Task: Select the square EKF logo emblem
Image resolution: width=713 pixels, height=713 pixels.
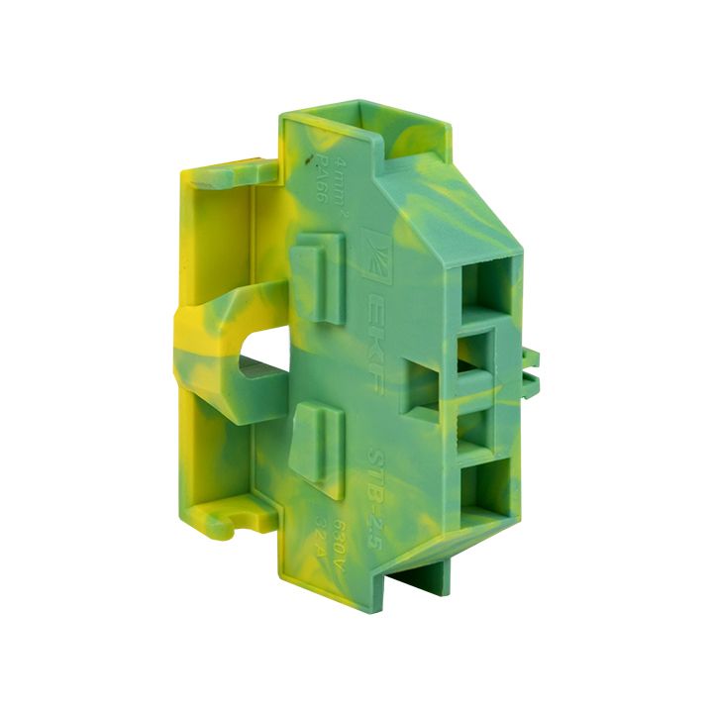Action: pyautogui.click(x=376, y=248)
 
